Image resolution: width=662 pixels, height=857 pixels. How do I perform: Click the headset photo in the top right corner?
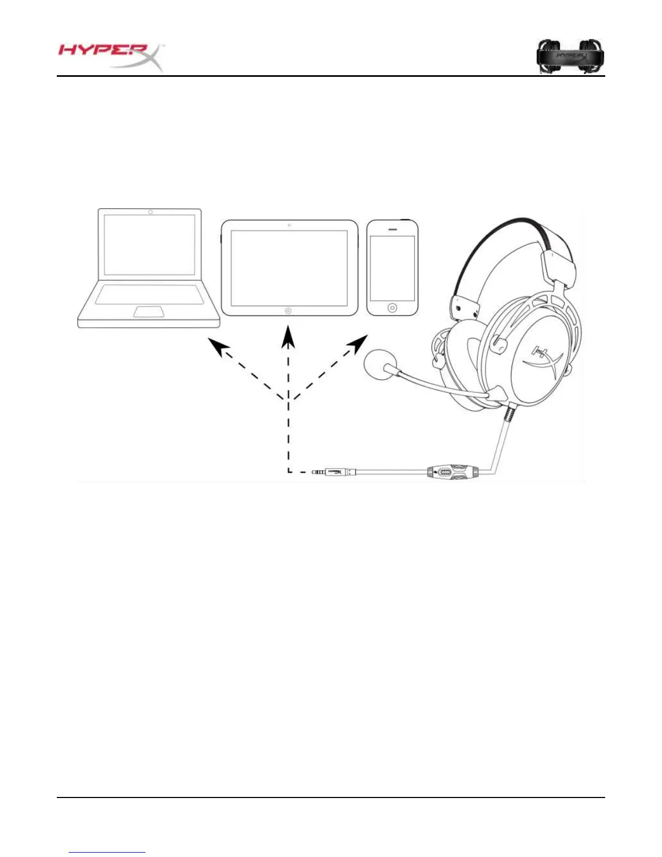570,56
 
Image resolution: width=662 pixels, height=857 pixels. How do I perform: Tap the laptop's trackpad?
149,311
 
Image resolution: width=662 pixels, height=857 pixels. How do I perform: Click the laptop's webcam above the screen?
150,212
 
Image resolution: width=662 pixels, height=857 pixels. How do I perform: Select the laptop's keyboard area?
150,294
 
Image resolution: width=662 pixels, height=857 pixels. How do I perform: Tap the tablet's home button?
288,311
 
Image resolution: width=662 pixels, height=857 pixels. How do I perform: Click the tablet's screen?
289,268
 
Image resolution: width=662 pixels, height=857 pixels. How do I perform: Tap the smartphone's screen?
392,268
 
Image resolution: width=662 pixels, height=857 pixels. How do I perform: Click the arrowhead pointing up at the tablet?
289,337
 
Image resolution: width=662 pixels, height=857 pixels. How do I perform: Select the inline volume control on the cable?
449,472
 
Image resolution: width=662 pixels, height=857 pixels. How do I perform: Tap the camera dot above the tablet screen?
289,225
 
